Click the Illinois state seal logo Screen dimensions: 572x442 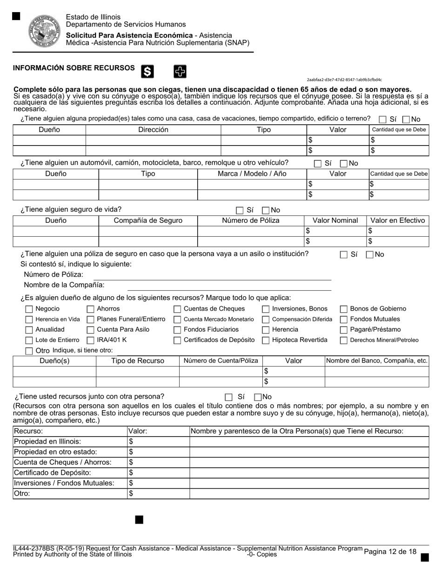click(45, 31)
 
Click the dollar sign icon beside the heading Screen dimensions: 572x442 click(147, 71)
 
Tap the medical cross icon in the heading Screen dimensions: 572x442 click(180, 71)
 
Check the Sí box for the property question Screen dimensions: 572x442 click(382, 120)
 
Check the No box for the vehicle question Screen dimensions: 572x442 click(344, 164)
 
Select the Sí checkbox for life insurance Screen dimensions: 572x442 click(240, 210)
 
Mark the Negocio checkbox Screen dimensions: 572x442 click(29, 309)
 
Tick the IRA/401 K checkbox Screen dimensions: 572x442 click(91, 340)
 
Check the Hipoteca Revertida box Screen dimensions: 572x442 click(266, 340)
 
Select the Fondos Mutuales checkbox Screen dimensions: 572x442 click(344, 319)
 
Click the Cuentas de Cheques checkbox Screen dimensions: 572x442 click(177, 309)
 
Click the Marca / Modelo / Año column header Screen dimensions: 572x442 click(252, 174)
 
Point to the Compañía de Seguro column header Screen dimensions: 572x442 click(148, 221)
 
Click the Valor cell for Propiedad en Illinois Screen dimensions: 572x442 click(158, 442)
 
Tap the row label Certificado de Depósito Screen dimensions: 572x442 click(53, 473)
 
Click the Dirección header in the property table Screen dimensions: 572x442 click(153, 130)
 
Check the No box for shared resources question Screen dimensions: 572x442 click(258, 397)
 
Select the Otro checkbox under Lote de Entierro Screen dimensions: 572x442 click(29, 351)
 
